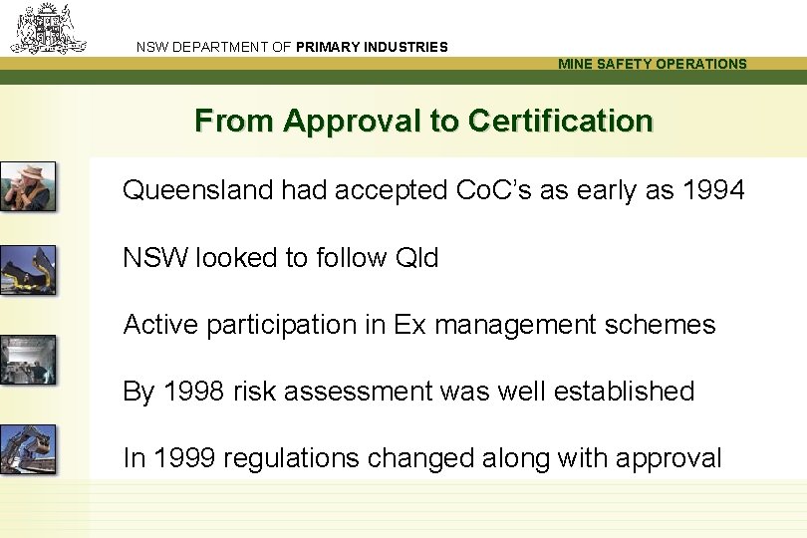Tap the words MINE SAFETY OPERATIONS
coord(652,64)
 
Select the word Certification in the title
coord(560,122)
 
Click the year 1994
coord(713,189)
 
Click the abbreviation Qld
coord(416,257)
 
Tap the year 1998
coord(190,392)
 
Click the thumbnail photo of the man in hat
coord(28,186)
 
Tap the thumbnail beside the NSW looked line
coord(28,270)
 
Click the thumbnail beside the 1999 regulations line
coord(28,449)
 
